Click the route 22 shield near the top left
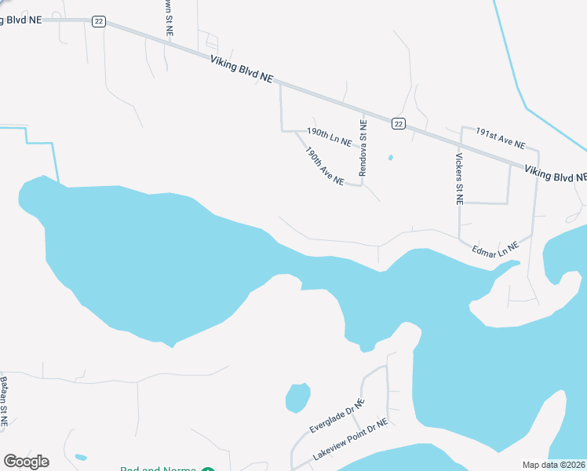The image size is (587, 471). tap(98, 22)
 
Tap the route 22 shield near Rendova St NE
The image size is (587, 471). tap(399, 123)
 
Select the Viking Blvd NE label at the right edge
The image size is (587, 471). tap(555, 173)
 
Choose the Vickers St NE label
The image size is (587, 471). tap(459, 178)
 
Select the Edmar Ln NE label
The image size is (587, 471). tap(495, 248)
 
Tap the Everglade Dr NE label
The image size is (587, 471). tap(336, 416)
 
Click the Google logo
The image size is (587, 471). tap(26, 462)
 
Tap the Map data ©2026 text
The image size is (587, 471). tap(554, 465)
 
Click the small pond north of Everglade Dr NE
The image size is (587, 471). tap(297, 397)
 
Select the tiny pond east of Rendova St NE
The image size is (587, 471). tap(390, 158)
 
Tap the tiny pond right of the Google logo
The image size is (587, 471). tap(80, 456)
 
